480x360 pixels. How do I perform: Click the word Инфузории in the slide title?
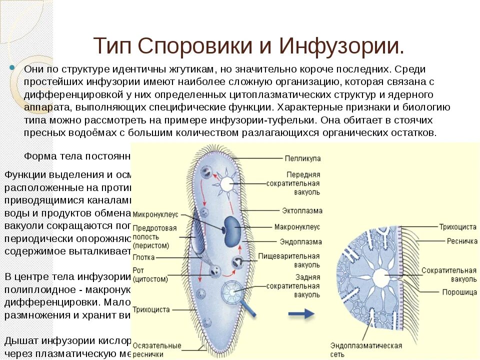341,46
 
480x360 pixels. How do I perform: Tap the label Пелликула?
302,158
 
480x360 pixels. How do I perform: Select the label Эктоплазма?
302,211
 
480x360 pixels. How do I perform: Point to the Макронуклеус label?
297,226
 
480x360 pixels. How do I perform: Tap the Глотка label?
144,257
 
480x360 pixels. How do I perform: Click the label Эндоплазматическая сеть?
366,349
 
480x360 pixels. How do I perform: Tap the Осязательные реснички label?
157,349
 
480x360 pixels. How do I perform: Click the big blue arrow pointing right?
301,313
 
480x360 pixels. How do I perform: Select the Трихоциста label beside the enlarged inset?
457,226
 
